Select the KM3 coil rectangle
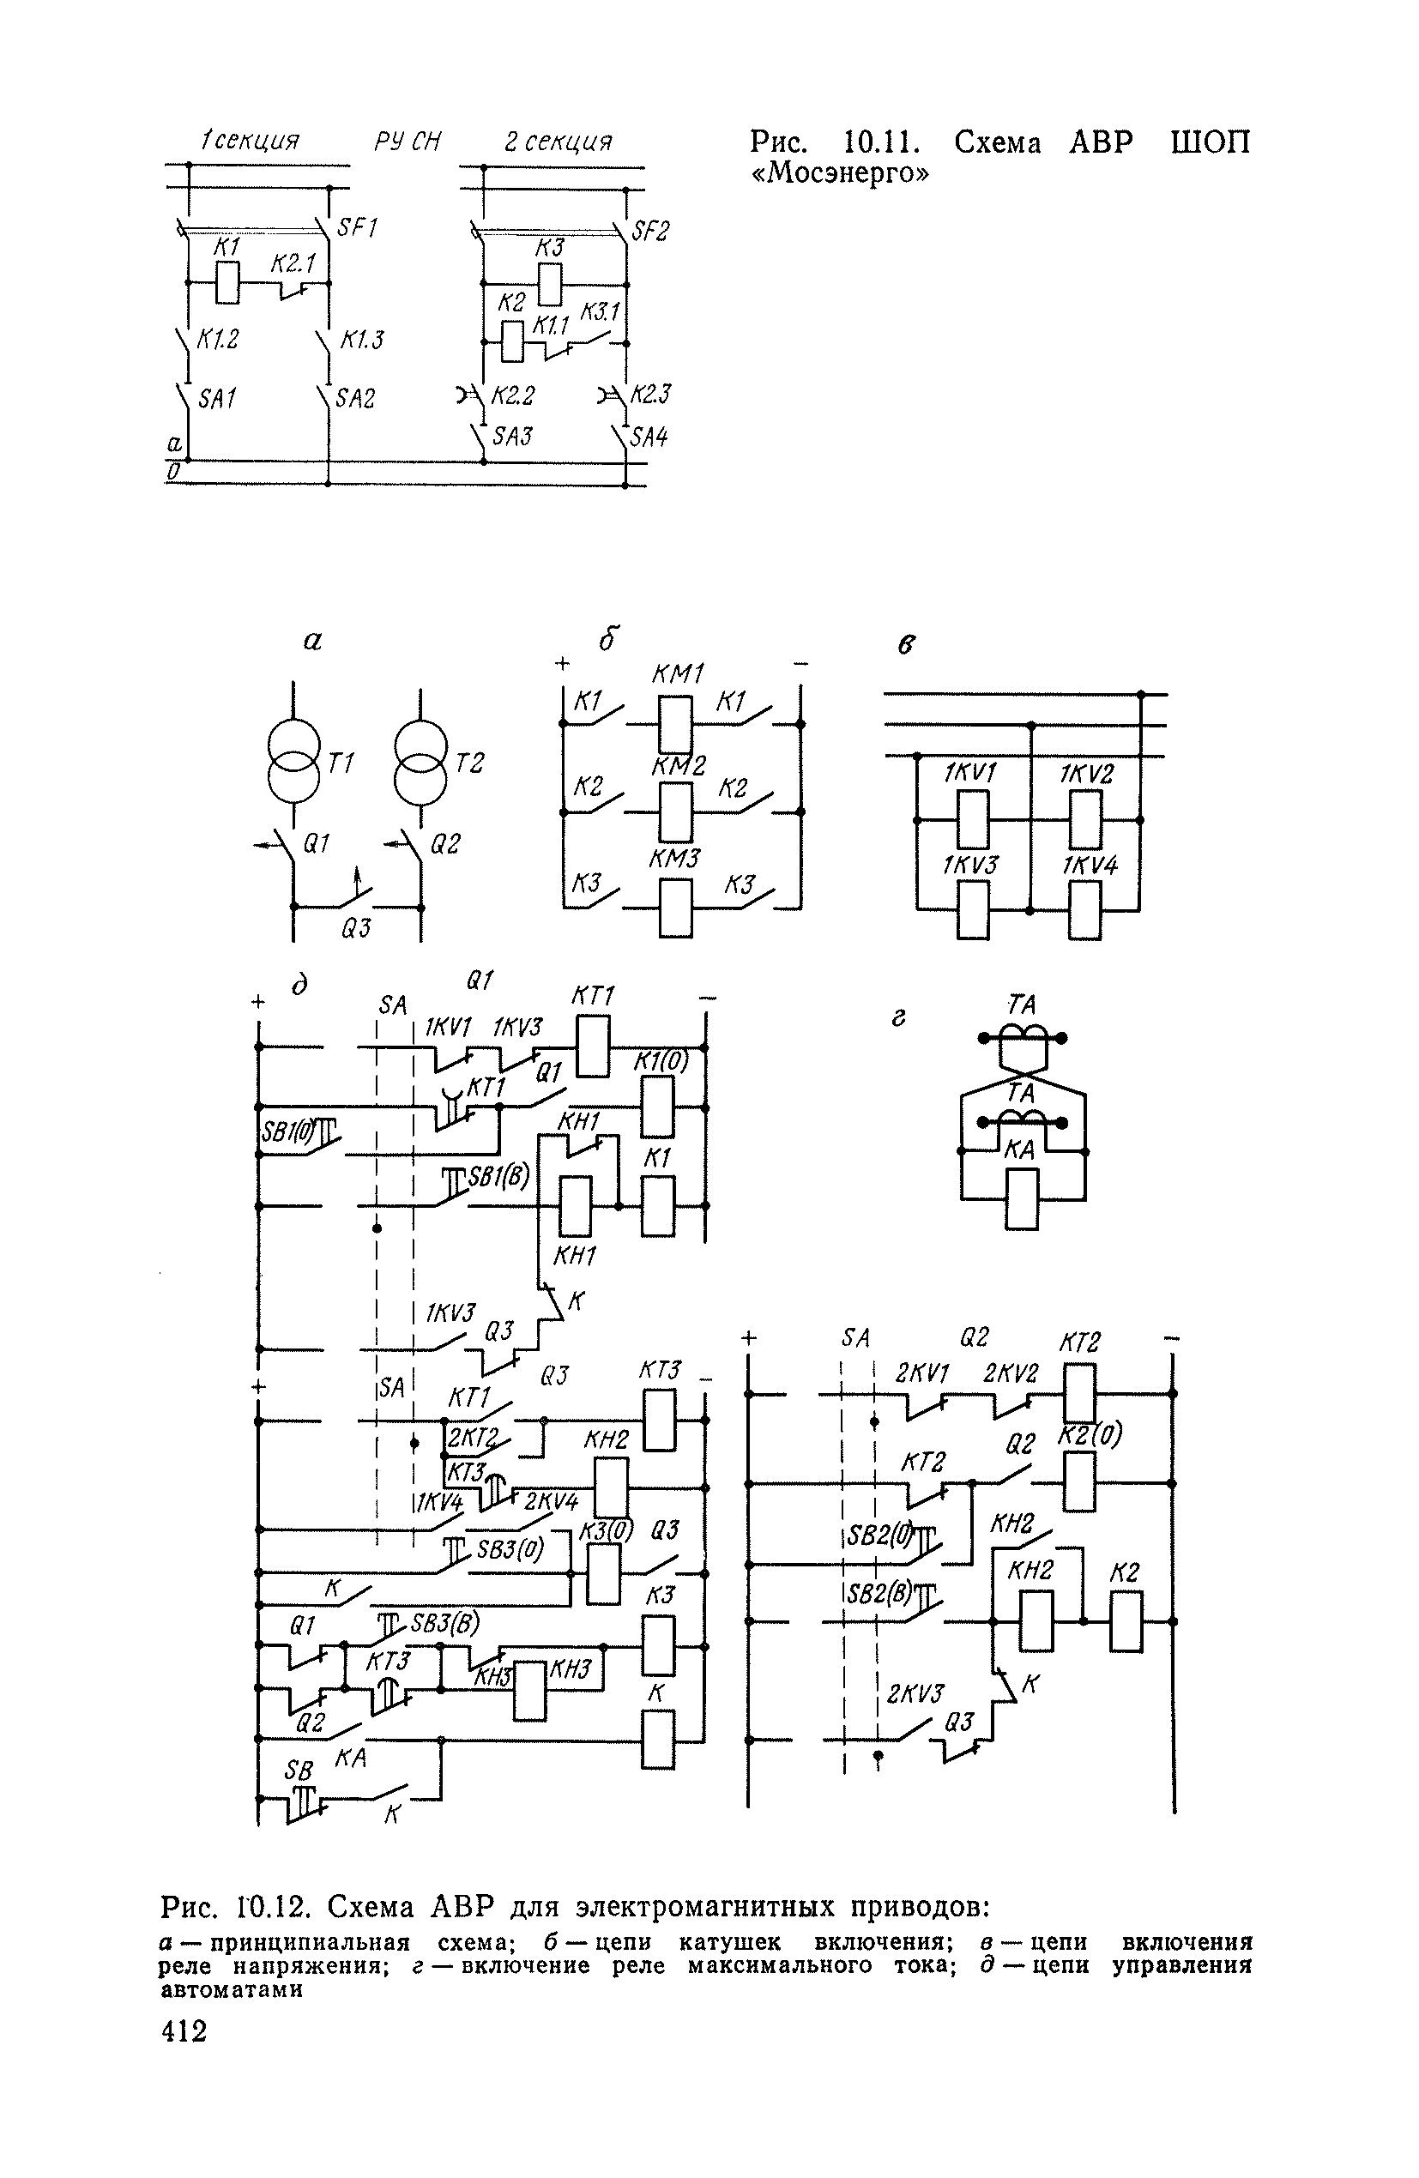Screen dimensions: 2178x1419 pyautogui.click(x=676, y=907)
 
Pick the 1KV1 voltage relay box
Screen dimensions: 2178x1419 pyautogui.click(x=973, y=819)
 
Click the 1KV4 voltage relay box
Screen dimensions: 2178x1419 pyautogui.click(x=1085, y=909)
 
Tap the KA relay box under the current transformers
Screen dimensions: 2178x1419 pyautogui.click(x=1021, y=1199)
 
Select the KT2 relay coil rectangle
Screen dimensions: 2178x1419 pyautogui.click(x=1079, y=1393)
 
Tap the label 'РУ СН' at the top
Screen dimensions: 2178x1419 pyautogui.click(x=408, y=142)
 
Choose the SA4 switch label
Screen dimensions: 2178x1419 pyautogui.click(x=649, y=437)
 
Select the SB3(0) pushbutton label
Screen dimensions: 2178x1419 pyautogui.click(x=510, y=1549)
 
